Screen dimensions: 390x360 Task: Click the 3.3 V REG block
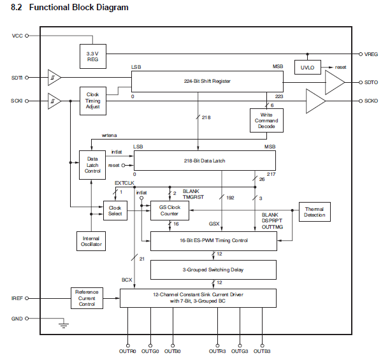pyautogui.click(x=93, y=57)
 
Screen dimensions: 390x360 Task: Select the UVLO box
pyautogui.click(x=308, y=67)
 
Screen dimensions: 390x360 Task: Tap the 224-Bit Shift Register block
pyautogui.click(x=207, y=82)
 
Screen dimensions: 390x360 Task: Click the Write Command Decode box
pyautogui.click(x=266, y=120)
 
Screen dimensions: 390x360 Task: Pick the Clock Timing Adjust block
pyautogui.click(x=93, y=101)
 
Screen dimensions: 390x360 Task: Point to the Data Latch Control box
pyautogui.click(x=92, y=165)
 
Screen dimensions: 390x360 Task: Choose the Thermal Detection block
pyautogui.click(x=315, y=212)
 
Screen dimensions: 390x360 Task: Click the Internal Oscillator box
pyautogui.click(x=91, y=241)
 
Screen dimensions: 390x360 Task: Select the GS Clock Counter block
pyautogui.click(x=170, y=210)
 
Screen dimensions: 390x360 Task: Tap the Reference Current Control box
pyautogui.click(x=87, y=298)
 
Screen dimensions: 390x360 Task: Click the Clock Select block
pyautogui.click(x=115, y=210)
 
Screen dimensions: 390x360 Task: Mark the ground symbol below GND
pyautogui.click(x=64, y=326)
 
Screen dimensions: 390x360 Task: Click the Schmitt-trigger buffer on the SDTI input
pyautogui.click(x=54, y=78)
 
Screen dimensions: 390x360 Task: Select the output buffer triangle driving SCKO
pyautogui.click(x=315, y=101)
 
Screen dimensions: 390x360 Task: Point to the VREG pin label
pyautogui.click(x=371, y=54)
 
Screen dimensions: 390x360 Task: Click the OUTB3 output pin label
pyautogui.click(x=262, y=351)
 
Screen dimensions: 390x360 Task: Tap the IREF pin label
pyautogui.click(x=17, y=298)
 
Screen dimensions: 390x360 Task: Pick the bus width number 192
pyautogui.click(x=230, y=198)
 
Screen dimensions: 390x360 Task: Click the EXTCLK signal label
pyautogui.click(x=124, y=183)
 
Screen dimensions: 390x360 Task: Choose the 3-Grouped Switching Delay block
pyautogui.click(x=213, y=270)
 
